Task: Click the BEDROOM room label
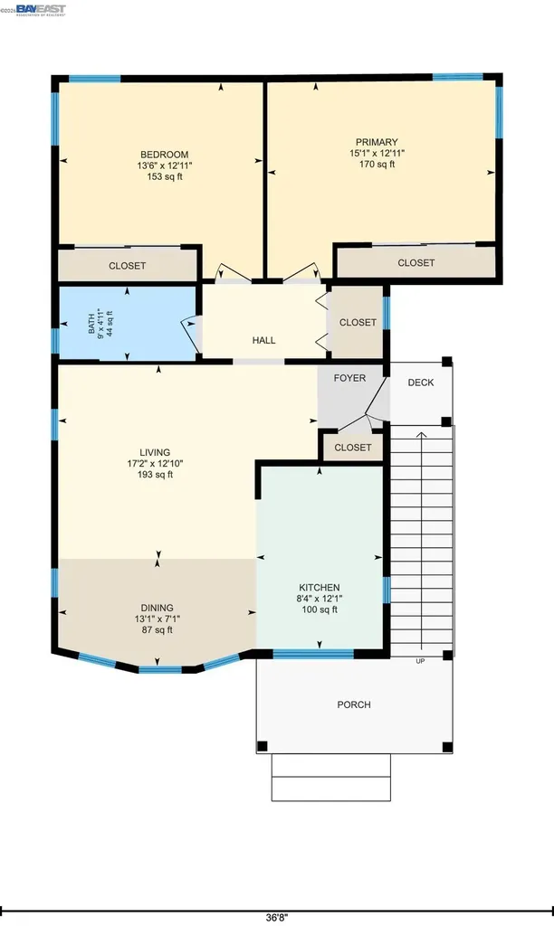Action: pos(164,153)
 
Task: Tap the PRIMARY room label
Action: pos(377,142)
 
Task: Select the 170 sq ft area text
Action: pos(377,165)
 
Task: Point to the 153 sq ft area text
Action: pos(164,176)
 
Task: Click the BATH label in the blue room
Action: pos(91,323)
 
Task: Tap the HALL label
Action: pos(263,340)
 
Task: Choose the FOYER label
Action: pos(349,378)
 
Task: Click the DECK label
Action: pos(420,383)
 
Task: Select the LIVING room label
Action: pos(155,452)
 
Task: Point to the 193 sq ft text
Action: pos(155,475)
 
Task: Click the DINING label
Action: pos(157,608)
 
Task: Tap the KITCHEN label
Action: pos(320,587)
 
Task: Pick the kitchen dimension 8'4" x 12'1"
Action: pos(320,598)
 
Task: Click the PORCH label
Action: pos(353,704)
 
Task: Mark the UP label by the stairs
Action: pos(420,661)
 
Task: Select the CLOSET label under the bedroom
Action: pos(127,266)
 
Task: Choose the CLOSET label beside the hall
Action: pos(358,322)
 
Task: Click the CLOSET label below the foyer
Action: pos(352,448)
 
